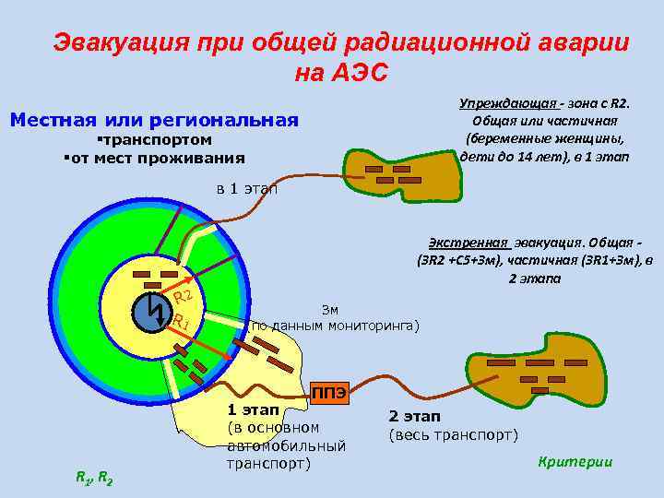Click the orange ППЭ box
point(329,392)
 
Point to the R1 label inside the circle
point(181,323)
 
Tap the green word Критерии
point(575,461)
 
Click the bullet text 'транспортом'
point(156,140)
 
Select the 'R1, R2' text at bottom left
point(94,477)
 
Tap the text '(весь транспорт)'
point(453,435)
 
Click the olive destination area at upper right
point(397,172)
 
